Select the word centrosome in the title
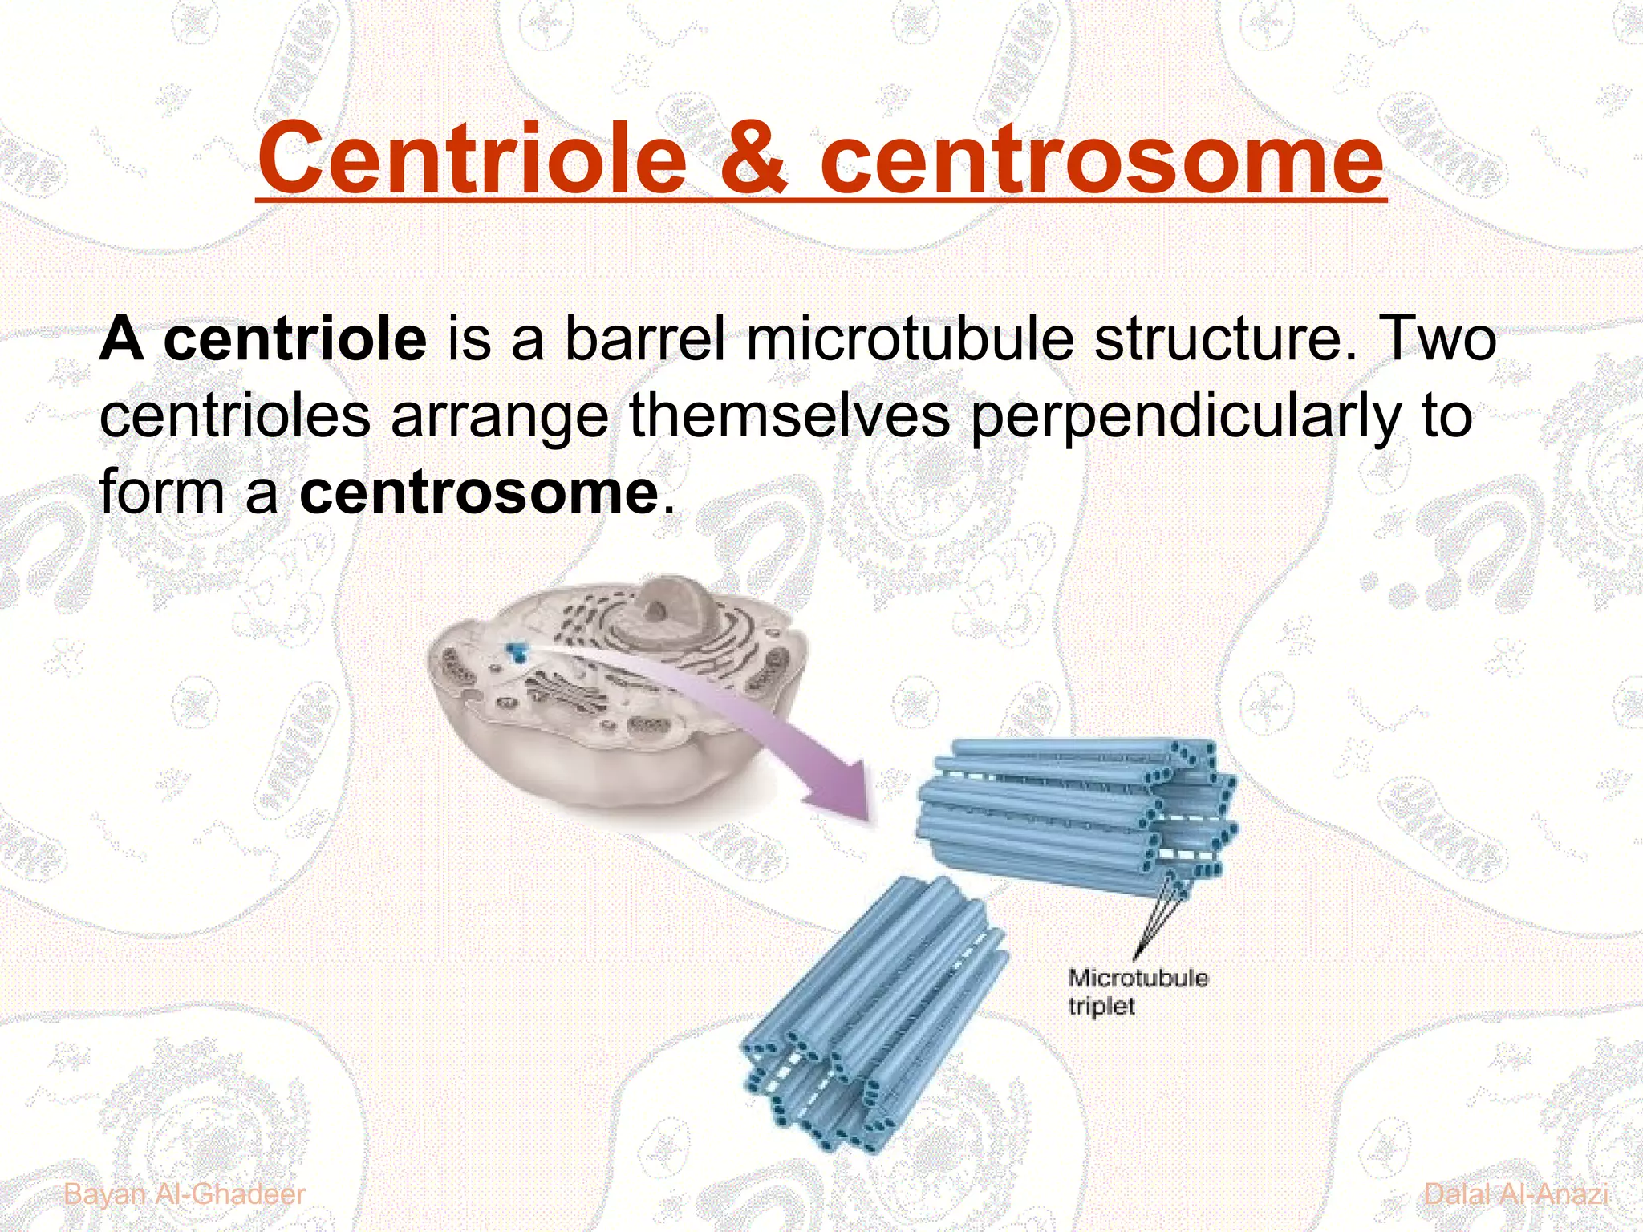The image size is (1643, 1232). coord(1101,160)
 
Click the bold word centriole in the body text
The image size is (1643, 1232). coord(295,339)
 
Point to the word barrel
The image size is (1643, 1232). coord(646,339)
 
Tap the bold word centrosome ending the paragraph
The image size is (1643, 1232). coord(479,492)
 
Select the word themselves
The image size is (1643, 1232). coord(789,415)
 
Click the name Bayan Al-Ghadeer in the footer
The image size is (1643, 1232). coord(185,1193)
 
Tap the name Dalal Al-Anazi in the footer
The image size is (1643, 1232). coord(1515,1193)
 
